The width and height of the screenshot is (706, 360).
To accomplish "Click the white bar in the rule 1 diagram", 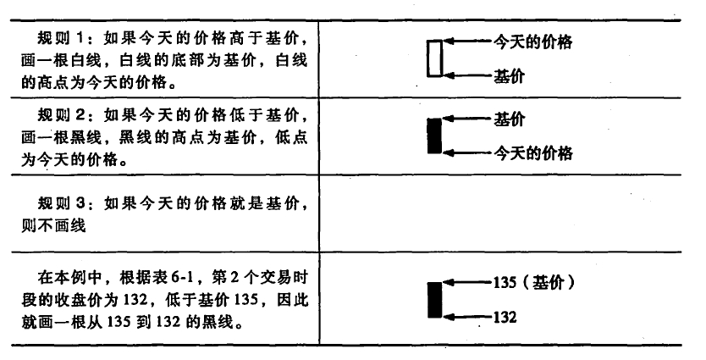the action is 434,58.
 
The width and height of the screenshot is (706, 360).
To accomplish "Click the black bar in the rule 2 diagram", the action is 434,136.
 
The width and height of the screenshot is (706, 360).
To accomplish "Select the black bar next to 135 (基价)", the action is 434,300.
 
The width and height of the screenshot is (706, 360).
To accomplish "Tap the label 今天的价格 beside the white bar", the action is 533,42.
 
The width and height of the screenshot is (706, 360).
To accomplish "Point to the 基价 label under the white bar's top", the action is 510,76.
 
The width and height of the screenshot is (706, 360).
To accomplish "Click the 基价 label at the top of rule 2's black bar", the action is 510,119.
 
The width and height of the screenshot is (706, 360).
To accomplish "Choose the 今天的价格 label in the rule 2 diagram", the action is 533,153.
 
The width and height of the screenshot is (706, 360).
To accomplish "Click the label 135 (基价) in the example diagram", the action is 534,283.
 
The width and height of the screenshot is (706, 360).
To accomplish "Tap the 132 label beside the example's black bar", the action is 505,317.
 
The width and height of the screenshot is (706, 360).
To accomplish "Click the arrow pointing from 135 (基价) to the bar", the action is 468,283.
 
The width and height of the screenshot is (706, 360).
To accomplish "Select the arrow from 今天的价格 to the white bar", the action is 468,42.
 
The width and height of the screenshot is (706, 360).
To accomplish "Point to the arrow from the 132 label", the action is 468,317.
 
